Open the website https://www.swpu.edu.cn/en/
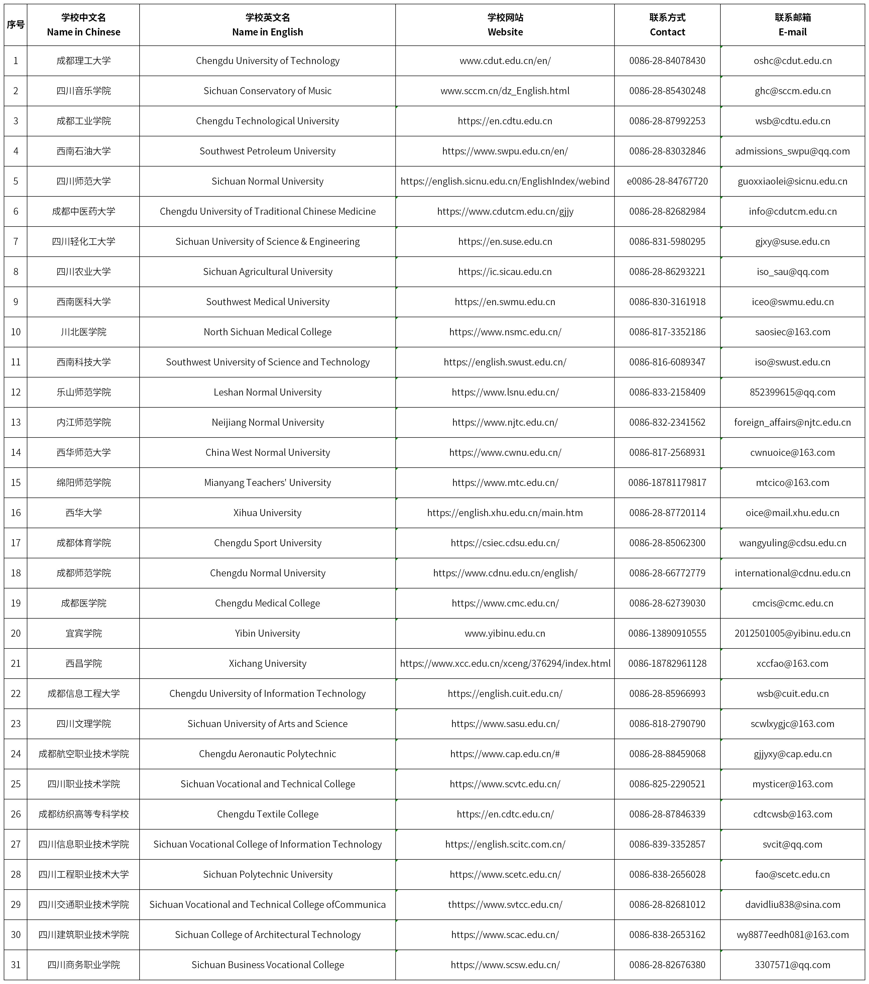click(x=505, y=151)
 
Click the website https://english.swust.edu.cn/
click(x=505, y=362)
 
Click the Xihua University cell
click(x=268, y=513)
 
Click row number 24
click(x=16, y=754)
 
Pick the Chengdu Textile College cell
click(x=268, y=814)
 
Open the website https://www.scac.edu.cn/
click(x=505, y=935)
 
